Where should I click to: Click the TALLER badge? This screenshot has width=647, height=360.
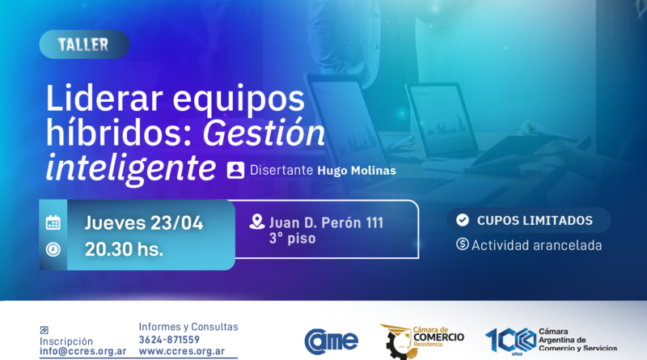83,44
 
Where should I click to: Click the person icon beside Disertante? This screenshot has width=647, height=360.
235,170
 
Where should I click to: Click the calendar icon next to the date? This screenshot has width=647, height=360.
53,222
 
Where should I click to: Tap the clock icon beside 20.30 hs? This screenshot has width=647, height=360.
53,249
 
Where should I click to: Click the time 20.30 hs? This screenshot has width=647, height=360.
125,249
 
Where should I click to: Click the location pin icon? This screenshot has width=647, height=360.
257,222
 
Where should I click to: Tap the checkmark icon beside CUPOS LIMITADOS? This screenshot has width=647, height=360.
463,220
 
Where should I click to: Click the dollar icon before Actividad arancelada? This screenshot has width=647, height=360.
463,244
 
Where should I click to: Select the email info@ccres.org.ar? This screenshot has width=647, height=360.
82,352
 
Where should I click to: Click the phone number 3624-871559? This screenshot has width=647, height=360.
169,340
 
